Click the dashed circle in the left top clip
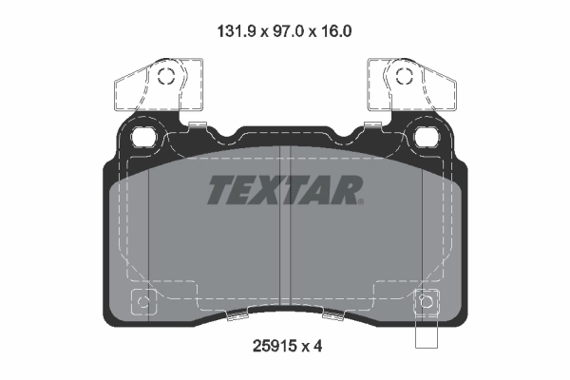[x=165, y=79]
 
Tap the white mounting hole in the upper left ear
[x=145, y=136]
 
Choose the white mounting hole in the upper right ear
[x=425, y=136]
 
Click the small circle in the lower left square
[x=143, y=304]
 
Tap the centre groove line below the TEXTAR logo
[x=285, y=256]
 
